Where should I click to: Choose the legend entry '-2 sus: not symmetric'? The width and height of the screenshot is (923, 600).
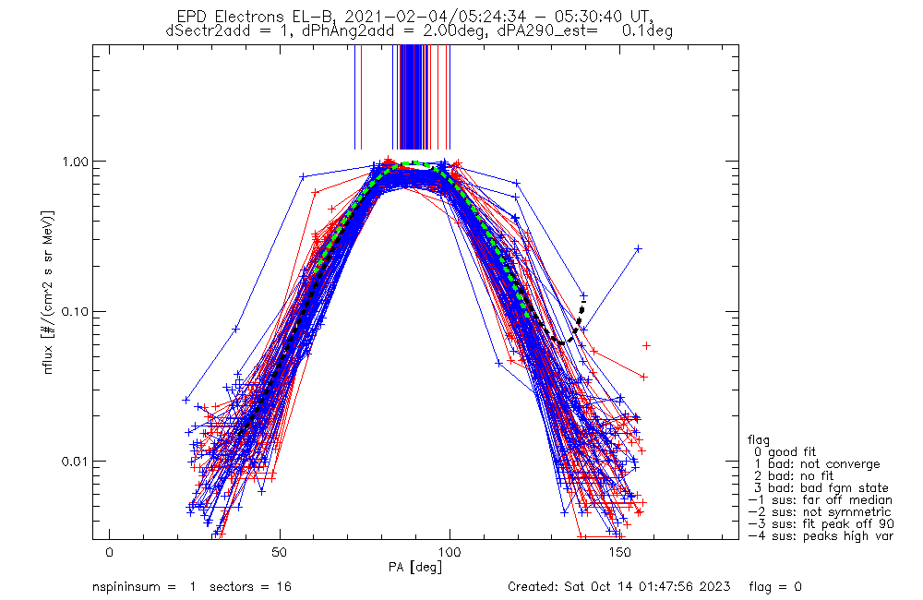[820, 512]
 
